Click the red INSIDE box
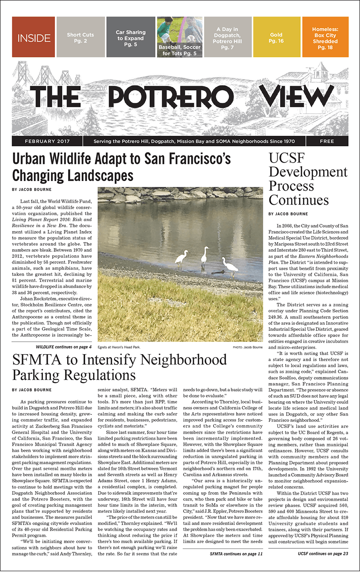pyautogui.click(x=33, y=37)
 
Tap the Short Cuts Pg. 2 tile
pyautogui.click(x=81, y=37)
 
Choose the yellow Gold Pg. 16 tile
pyautogui.click(x=276, y=37)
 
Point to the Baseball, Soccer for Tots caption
pyautogui.click(x=179, y=51)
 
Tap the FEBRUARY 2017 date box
pyautogui.click(x=47, y=141)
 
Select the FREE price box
pyautogui.click(x=327, y=141)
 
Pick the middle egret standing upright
pyautogui.click(x=204, y=257)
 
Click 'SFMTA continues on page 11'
pyautogui.click(x=236, y=554)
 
